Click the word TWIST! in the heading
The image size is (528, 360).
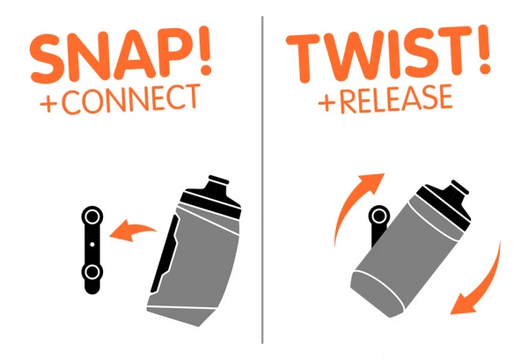click(388, 53)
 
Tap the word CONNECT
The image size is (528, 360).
click(130, 99)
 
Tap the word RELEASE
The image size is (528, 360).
click(396, 99)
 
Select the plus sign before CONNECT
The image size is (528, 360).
click(48, 104)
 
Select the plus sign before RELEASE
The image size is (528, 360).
click(326, 103)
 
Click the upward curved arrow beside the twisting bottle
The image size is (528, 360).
click(350, 202)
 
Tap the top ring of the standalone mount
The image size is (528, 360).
click(92, 217)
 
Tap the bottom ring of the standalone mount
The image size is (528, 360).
click(92, 272)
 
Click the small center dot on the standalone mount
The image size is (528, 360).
click(92, 244)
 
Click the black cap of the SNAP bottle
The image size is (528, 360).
click(213, 195)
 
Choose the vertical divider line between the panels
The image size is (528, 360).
click(262, 180)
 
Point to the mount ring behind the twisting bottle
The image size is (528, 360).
click(379, 216)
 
